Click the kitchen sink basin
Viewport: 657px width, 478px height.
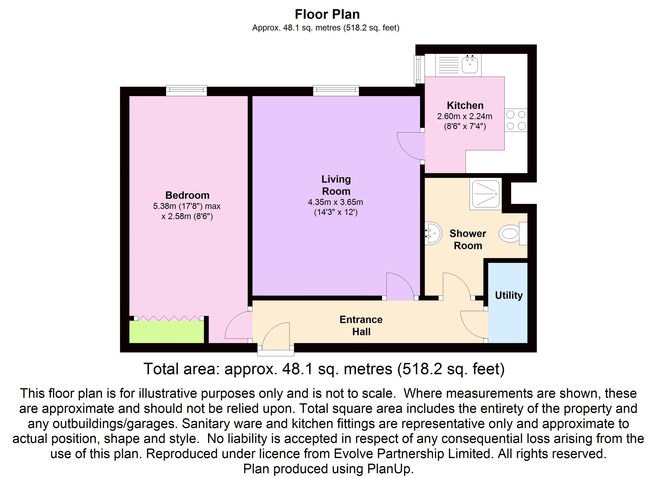(x=470, y=64)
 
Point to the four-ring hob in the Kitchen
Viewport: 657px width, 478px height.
(x=516, y=120)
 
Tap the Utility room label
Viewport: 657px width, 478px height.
(x=509, y=295)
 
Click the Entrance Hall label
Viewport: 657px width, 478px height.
(x=361, y=325)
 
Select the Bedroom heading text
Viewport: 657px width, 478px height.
(x=187, y=195)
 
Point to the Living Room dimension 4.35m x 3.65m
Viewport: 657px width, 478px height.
(x=335, y=202)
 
